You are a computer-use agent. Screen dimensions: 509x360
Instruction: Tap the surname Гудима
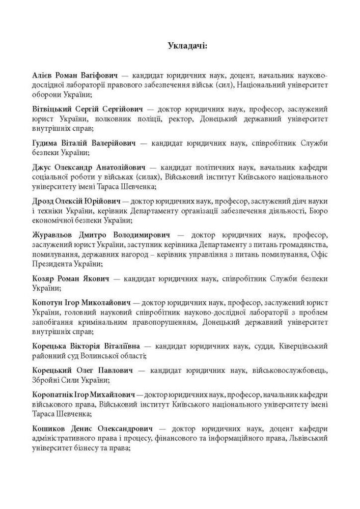click(45, 143)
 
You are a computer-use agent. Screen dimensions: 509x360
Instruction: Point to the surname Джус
click(41, 167)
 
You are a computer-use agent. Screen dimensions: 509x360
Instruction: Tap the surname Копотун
click(48, 302)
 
